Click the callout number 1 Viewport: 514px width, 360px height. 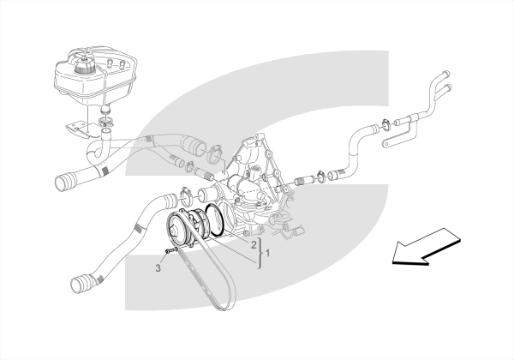pyautogui.click(x=267, y=253)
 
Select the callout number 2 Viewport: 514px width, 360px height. pyautogui.click(x=254, y=244)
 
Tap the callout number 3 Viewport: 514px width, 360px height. pyautogui.click(x=158, y=268)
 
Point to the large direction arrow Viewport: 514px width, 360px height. pyautogui.click(x=426, y=247)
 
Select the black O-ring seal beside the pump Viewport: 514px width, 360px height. pyautogui.click(x=216, y=219)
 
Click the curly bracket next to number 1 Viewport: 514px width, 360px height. pyautogui.click(x=260, y=253)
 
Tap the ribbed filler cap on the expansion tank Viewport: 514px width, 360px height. pyautogui.click(x=84, y=67)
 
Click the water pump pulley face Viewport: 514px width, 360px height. pyautogui.click(x=176, y=230)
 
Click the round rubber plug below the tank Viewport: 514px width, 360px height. pyautogui.click(x=105, y=110)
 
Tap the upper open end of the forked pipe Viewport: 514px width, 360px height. pyautogui.click(x=446, y=74)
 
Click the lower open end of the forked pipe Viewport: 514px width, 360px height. pyautogui.click(x=448, y=87)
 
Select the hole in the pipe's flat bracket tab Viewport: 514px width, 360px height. pyautogui.click(x=387, y=144)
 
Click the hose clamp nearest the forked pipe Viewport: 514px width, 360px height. pyautogui.click(x=385, y=124)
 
